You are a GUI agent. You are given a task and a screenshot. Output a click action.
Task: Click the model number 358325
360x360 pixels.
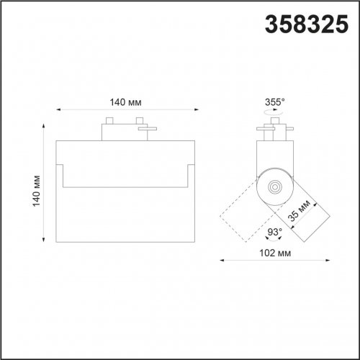pyautogui.click(x=307, y=24)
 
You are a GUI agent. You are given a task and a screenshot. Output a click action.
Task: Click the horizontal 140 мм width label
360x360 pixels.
pyautogui.click(x=125, y=102)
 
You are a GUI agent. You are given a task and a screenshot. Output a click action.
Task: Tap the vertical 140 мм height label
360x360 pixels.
pyautogui.click(x=37, y=191)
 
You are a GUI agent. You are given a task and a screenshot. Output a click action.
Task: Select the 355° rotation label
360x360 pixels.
pyautogui.click(x=274, y=102)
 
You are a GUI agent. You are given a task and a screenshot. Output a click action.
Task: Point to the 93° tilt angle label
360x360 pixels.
pyautogui.click(x=274, y=232)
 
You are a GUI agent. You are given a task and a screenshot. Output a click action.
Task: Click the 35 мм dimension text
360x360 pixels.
pyautogui.click(x=300, y=210)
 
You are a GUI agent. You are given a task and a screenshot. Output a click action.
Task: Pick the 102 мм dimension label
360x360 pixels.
pyautogui.click(x=275, y=253)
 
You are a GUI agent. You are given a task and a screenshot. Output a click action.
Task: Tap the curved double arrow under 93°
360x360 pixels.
pyautogui.click(x=274, y=239)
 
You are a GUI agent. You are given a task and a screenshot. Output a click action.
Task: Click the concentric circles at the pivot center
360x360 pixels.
pyautogui.click(x=274, y=186)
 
